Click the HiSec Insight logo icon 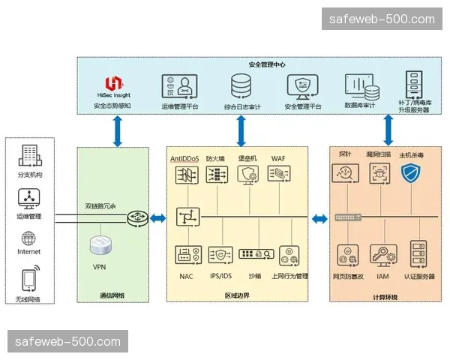click(113, 83)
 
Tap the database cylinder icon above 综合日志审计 click(241, 87)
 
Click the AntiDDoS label click(185, 159)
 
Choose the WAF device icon click(278, 175)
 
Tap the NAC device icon click(186, 254)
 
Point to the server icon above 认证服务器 click(419, 254)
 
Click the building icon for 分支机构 click(29, 157)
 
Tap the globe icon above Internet click(29, 238)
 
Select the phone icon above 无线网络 click(29, 280)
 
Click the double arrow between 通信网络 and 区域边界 click(158, 218)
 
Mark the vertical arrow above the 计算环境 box click(389, 129)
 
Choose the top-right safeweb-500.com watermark click(382, 19)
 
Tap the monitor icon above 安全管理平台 click(303, 87)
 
